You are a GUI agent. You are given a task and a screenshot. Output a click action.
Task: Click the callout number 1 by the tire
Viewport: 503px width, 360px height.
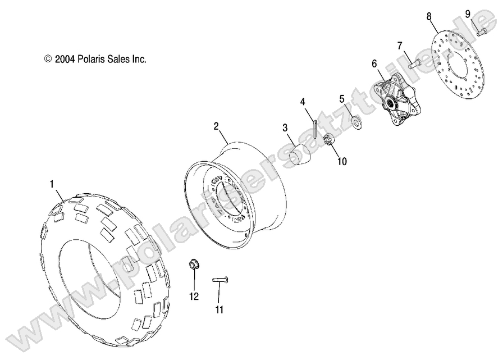coord(52,183)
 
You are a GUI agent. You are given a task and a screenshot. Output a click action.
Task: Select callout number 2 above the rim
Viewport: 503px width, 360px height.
coord(216,126)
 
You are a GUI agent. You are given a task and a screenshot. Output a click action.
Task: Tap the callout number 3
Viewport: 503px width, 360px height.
coord(285,128)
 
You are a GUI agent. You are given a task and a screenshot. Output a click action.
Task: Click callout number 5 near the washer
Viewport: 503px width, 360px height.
coord(341,99)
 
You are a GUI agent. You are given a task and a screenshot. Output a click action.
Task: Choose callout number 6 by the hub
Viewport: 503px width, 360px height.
coord(374,64)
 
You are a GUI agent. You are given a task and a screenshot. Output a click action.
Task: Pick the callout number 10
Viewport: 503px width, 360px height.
coord(342,162)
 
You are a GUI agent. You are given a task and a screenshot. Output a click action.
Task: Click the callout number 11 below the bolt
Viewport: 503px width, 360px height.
coord(220,309)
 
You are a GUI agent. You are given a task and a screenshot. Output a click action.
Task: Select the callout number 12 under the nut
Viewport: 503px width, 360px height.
coord(194,297)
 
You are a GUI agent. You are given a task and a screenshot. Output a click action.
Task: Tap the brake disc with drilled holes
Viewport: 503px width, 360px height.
coord(455,66)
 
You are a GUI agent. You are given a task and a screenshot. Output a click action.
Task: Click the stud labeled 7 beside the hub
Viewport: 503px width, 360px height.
coord(414,64)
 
